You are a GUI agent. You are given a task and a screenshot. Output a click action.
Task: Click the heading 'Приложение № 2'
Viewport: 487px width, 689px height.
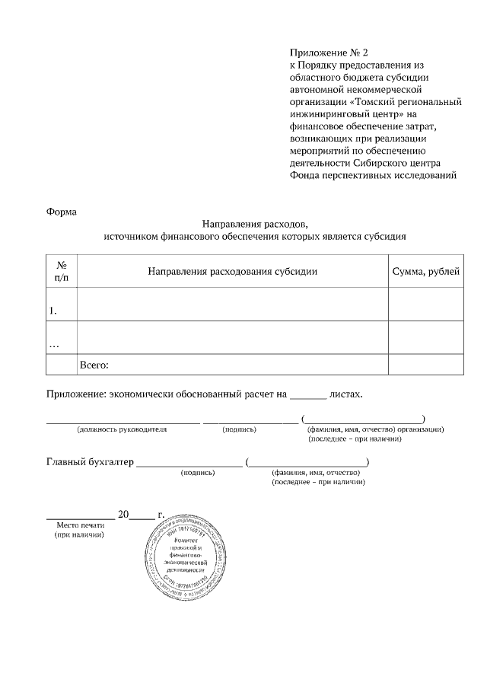point(328,53)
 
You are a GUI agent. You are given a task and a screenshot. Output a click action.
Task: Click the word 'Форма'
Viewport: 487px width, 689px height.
point(62,212)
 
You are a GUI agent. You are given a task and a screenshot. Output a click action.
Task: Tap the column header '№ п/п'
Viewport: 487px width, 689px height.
point(61,272)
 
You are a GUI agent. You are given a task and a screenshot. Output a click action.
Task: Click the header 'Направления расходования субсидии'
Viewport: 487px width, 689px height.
point(232,272)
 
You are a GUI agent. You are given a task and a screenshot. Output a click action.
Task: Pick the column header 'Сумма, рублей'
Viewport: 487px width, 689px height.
point(425,272)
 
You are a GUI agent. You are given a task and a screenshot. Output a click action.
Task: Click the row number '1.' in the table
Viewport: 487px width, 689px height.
point(53,311)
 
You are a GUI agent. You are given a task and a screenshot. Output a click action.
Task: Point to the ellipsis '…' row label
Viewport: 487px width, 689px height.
point(54,344)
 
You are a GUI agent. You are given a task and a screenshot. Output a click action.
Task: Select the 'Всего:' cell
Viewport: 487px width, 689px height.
point(95,365)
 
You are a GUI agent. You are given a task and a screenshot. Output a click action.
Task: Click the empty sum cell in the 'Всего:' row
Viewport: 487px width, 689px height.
point(425,365)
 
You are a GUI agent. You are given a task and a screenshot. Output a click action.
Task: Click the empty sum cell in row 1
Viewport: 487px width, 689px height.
point(425,305)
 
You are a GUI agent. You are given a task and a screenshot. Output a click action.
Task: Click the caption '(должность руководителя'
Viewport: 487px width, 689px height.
point(122,429)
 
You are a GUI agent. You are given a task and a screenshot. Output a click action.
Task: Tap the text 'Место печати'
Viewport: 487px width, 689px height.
point(80,525)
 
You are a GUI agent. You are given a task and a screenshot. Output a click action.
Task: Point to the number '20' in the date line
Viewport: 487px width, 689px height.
point(124,515)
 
